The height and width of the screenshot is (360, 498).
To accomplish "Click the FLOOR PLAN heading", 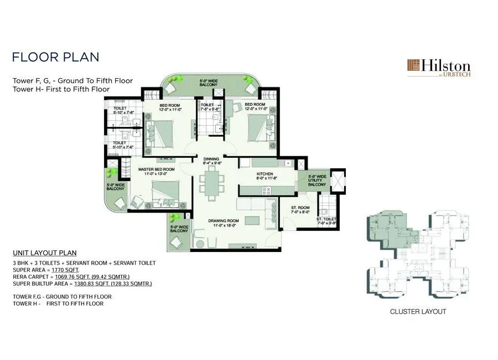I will click(55, 57).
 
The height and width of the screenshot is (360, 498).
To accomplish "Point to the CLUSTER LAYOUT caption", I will click(418, 312).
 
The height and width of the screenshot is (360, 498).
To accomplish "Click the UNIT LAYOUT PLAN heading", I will click(45, 253).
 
